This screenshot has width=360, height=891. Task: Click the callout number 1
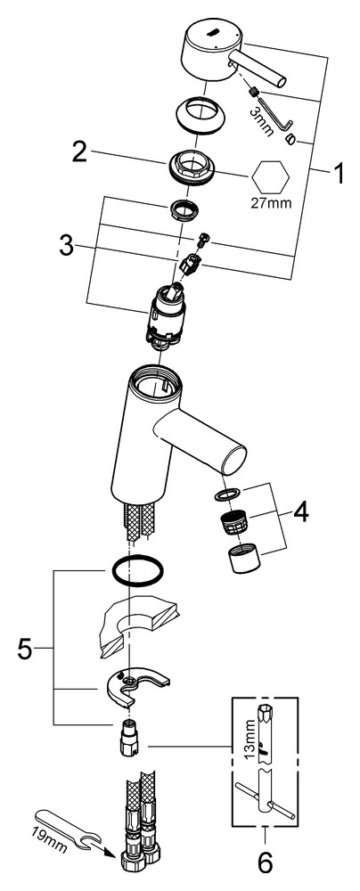coord(339,174)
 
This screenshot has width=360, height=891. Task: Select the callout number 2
coord(79,151)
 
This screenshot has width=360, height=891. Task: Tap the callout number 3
coord(66,246)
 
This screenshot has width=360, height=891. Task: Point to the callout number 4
coord(301,513)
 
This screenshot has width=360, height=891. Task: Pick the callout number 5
coord(25,649)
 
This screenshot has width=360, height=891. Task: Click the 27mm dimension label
coord(271,201)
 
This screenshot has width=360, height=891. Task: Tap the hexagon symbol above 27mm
coord(270,176)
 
